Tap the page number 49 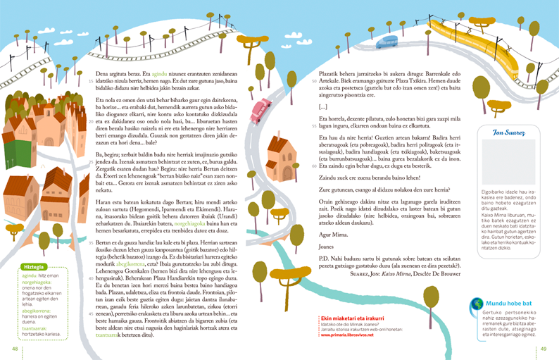pyautogui.click(x=544, y=349)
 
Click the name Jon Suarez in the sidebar pyautogui.click(x=505, y=132)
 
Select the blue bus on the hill pyautogui.click(x=387, y=42)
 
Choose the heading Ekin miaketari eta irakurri pyautogui.click(x=343, y=318)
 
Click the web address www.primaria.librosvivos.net pyautogui.click(x=347, y=335)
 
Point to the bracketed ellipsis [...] pyautogui.click(x=323, y=107)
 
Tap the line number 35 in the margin pyautogui.click(x=91, y=241)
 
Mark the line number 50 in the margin pyautogui.click(x=314, y=80)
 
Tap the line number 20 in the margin pyautogui.click(x=91, y=120)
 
